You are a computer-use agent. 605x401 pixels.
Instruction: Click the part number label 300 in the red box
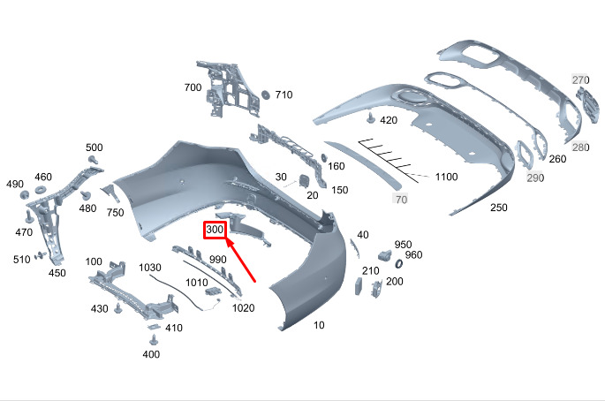(x=216, y=231)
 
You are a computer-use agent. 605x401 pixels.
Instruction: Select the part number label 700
(x=193, y=88)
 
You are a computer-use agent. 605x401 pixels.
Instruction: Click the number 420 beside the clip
(x=389, y=120)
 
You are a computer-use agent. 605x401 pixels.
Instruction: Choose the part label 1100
(x=446, y=178)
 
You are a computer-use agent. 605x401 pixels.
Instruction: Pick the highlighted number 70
(x=401, y=200)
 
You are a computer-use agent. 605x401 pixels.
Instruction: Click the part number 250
(x=499, y=208)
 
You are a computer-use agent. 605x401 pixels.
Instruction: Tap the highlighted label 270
(x=580, y=80)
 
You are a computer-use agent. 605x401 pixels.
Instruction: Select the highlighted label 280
(x=580, y=147)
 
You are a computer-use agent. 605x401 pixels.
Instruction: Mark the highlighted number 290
(x=535, y=178)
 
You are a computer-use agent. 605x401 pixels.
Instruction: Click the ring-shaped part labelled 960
(x=397, y=263)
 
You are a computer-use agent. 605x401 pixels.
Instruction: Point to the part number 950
(x=403, y=245)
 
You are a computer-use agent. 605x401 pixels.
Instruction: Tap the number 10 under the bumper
(x=319, y=325)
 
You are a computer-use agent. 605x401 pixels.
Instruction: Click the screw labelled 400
(x=153, y=339)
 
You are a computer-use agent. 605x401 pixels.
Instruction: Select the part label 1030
(x=150, y=268)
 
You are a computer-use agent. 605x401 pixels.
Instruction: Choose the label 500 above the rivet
(x=95, y=148)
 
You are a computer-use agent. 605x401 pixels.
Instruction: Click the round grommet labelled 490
(x=25, y=193)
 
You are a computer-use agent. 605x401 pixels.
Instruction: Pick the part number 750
(x=115, y=213)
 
